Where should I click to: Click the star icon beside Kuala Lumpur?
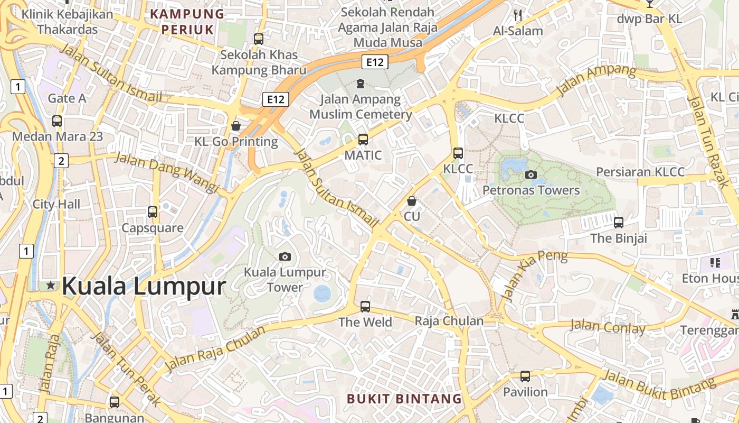click(x=51, y=286)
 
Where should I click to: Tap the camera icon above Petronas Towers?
click(x=531, y=174)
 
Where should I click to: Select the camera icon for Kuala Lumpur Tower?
click(x=285, y=257)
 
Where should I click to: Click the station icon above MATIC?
click(x=363, y=140)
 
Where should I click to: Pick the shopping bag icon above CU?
click(x=412, y=201)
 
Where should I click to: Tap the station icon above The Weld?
click(x=365, y=306)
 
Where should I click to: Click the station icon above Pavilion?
click(x=525, y=376)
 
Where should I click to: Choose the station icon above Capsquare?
click(x=153, y=212)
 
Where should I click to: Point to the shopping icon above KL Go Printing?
click(x=236, y=126)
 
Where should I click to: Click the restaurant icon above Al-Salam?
click(x=518, y=15)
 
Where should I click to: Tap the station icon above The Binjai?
click(x=619, y=223)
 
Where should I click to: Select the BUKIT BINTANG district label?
click(x=404, y=398)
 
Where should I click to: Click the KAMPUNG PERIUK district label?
click(x=187, y=21)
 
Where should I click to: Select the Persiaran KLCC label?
click(x=640, y=172)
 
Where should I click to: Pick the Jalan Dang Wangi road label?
click(x=166, y=172)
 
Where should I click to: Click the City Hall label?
click(x=56, y=204)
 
